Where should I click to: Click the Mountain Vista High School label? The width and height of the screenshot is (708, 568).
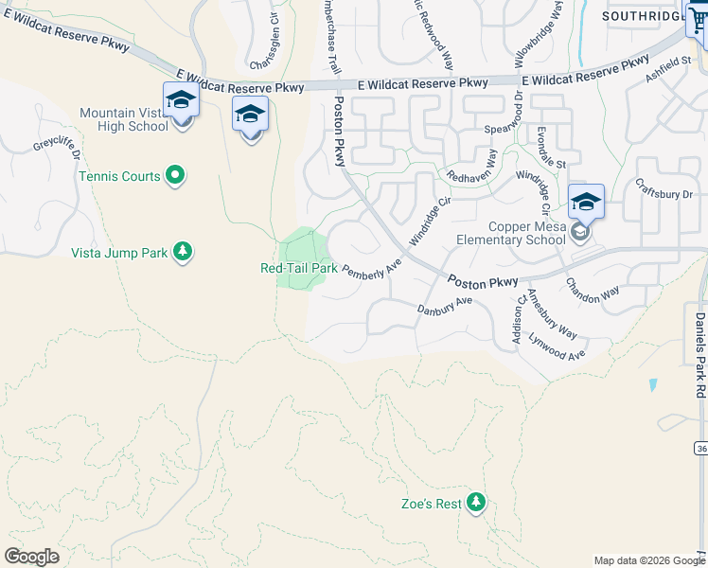point(123,119)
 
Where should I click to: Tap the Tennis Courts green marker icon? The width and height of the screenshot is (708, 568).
point(175,175)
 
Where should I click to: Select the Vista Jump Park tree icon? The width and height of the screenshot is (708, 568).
point(183,252)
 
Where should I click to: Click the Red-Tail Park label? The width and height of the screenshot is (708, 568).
point(298,268)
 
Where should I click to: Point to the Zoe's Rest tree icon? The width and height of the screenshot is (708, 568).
point(476,503)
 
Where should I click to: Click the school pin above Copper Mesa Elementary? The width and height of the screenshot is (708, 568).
point(587,202)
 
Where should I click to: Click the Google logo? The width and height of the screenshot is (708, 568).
point(31,557)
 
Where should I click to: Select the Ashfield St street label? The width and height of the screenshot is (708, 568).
point(667,67)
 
